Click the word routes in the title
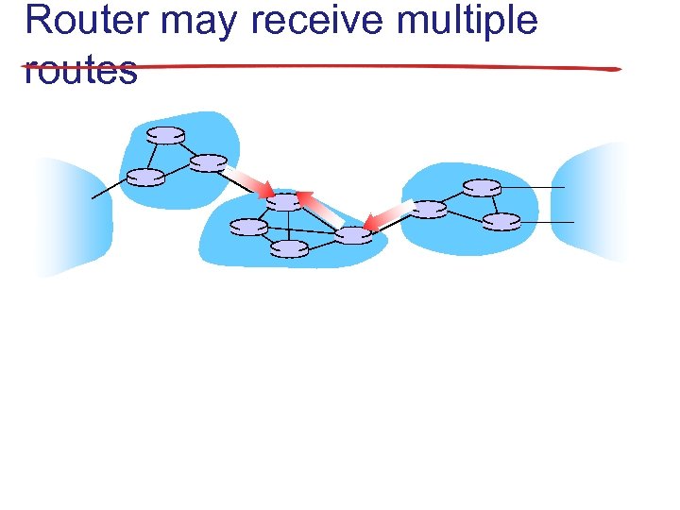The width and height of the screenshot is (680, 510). (81, 70)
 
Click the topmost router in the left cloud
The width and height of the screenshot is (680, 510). (166, 135)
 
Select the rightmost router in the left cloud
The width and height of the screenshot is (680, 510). (209, 162)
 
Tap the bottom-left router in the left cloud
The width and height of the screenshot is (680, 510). (145, 177)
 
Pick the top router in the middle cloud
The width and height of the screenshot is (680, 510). (284, 201)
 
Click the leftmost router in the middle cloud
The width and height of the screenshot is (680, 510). (248, 227)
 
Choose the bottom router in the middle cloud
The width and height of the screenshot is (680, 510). (290, 248)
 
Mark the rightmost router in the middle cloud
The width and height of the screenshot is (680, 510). (354, 235)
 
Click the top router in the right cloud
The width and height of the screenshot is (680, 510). (483, 188)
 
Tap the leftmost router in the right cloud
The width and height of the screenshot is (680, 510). (430, 209)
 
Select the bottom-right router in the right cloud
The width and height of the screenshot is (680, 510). (501, 222)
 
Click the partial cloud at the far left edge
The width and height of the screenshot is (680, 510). (71, 217)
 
